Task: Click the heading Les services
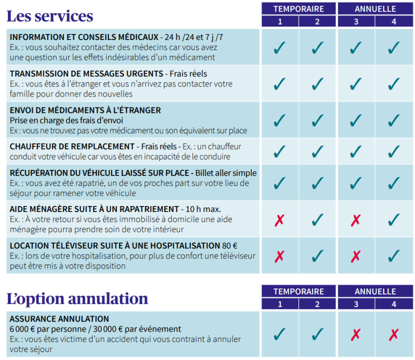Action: (x=49, y=16)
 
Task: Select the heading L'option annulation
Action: (x=77, y=298)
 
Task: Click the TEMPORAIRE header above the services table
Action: (x=298, y=8)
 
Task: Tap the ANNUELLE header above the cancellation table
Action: (x=375, y=291)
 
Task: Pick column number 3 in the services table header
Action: (x=356, y=21)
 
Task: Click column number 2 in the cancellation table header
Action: (x=317, y=303)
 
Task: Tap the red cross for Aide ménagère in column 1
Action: (x=279, y=219)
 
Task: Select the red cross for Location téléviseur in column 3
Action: (x=356, y=256)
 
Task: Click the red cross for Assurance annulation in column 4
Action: (x=394, y=334)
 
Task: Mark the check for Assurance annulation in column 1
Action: (x=279, y=333)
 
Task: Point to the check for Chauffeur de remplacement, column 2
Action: (x=317, y=151)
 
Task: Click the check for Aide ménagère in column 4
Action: (x=394, y=219)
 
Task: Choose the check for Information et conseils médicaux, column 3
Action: (x=356, y=47)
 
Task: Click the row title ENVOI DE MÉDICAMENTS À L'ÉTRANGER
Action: (x=85, y=110)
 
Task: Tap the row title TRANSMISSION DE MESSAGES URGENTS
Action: (x=86, y=74)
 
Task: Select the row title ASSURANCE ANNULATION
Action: (x=59, y=319)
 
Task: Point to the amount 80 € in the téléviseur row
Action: (x=229, y=245)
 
